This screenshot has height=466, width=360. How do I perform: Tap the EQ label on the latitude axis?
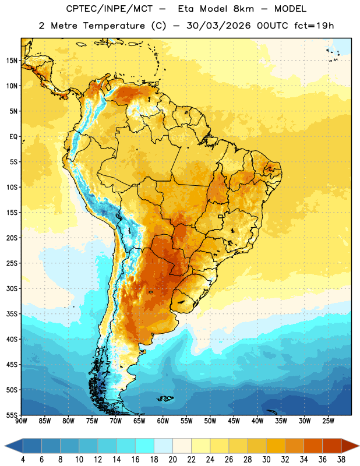tap(14, 137)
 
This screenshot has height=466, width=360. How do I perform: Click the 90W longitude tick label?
tap(21, 421)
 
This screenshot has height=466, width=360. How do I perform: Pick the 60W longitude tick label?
tap(163, 421)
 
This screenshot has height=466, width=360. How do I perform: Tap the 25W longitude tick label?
tap(328, 421)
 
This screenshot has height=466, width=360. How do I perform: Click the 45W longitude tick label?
tap(234, 421)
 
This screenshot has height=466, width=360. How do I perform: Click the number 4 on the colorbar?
tap(23, 460)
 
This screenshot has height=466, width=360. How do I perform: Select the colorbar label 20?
tap(172, 460)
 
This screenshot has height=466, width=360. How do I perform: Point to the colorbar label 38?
tap(341, 460)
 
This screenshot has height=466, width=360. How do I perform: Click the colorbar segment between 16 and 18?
tap(145, 446)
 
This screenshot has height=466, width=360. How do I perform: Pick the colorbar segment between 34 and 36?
tap(313, 446)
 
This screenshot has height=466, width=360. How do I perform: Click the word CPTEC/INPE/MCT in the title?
tap(110, 9)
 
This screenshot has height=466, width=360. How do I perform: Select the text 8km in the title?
tap(243, 9)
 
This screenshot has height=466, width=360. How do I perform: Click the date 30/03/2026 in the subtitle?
tap(218, 26)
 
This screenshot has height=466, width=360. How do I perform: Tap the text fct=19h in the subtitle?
tap(314, 26)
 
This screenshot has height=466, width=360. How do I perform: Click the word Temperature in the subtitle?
tap(114, 26)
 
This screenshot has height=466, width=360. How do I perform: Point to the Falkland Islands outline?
tap(165, 398)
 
